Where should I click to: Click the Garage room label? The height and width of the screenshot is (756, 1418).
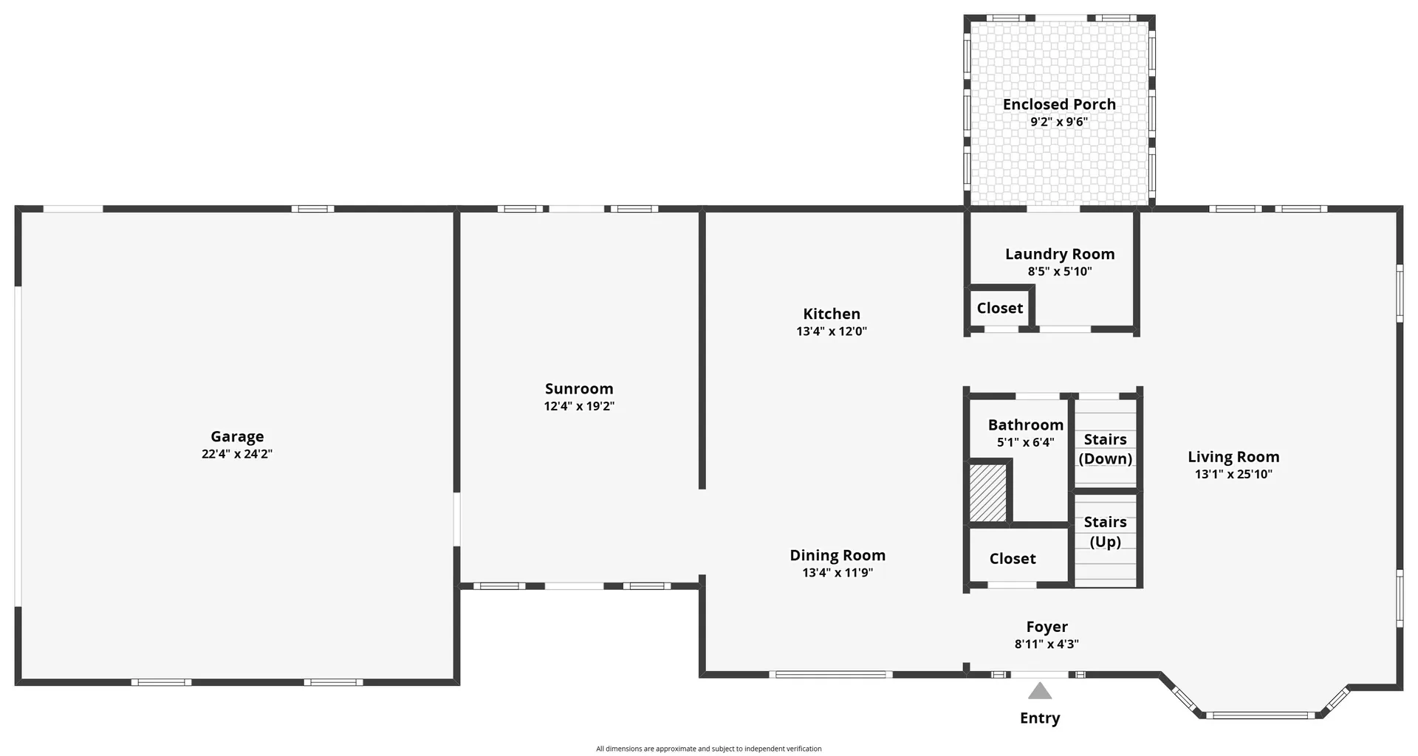point(237,436)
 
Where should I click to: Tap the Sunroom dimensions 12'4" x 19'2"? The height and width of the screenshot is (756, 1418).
point(579,406)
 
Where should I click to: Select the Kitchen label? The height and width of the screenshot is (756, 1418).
point(832,314)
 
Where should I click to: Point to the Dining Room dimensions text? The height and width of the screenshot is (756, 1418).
point(838,572)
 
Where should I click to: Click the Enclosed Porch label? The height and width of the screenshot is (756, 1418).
point(1059,104)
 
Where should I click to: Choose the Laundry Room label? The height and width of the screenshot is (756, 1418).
point(1060,254)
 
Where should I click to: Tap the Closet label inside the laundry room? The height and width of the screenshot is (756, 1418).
point(999,308)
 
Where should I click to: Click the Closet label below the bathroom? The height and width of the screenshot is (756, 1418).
point(1013,559)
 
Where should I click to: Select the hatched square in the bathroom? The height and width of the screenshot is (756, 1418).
point(988,493)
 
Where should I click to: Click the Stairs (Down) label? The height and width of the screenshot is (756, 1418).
point(1105,449)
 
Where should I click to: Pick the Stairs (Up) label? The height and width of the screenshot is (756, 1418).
point(1105,532)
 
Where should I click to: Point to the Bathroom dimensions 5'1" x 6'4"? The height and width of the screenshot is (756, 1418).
point(1026,442)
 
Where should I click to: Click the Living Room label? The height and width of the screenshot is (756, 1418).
point(1233,457)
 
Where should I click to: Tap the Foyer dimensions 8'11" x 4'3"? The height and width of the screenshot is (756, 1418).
point(1047,644)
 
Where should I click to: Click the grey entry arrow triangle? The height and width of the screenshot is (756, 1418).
point(1040,692)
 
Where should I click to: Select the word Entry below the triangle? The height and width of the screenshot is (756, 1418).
point(1040,718)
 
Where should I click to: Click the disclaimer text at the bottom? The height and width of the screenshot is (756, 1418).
point(708,749)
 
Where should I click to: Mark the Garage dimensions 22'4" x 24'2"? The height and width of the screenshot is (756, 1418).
point(237,454)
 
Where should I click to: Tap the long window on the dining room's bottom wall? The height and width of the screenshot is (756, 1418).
point(830,674)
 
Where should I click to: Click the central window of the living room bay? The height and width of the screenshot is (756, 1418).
point(1260,715)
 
